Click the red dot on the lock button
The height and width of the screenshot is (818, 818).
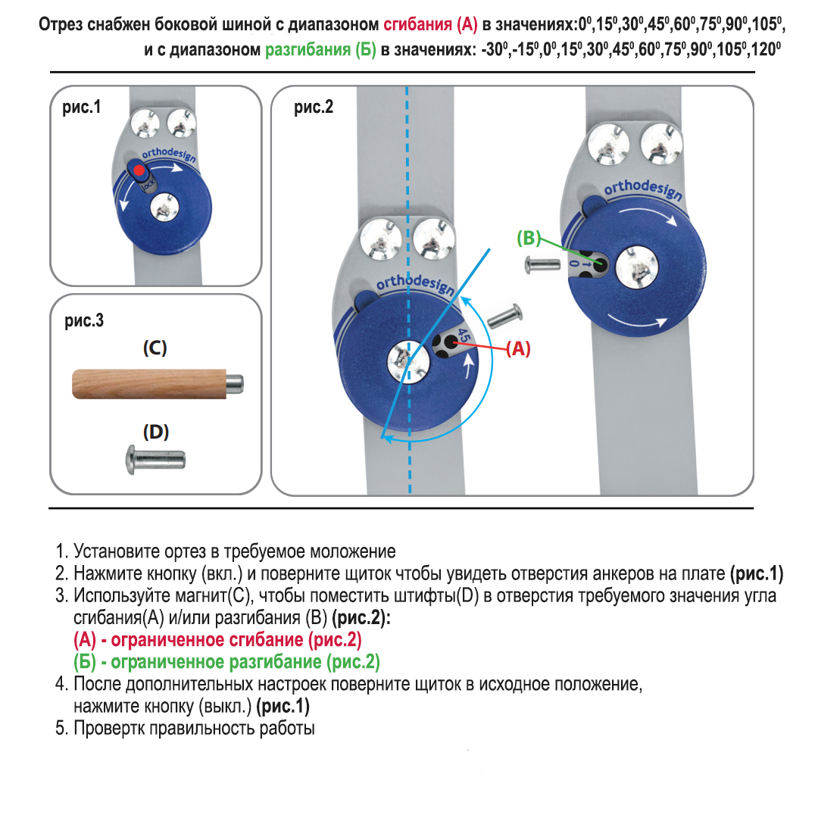[139, 170]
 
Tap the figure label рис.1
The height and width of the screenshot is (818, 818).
[81, 107]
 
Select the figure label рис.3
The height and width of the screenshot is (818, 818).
[84, 320]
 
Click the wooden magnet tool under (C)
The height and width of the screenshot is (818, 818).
[158, 384]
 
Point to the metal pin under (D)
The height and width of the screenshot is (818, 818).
[155, 460]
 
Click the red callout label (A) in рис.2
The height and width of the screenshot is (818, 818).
[518, 348]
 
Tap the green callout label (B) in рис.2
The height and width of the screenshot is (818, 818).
[529, 238]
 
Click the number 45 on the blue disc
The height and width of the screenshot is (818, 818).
[464, 336]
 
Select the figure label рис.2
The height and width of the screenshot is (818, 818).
[314, 107]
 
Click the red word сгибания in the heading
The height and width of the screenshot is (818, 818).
[418, 24]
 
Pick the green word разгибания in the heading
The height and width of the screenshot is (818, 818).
[308, 49]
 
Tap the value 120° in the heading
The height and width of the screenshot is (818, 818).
[766, 49]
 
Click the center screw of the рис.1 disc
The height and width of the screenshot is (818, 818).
[164, 207]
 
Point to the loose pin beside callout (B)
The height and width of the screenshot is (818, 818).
[542, 265]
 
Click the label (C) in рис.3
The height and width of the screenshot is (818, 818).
[155, 348]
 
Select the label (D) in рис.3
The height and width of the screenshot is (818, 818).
[155, 432]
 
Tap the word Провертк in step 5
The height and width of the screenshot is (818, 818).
[109, 728]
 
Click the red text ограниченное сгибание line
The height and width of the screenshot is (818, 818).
[217, 639]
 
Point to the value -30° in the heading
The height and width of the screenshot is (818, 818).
[495, 49]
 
